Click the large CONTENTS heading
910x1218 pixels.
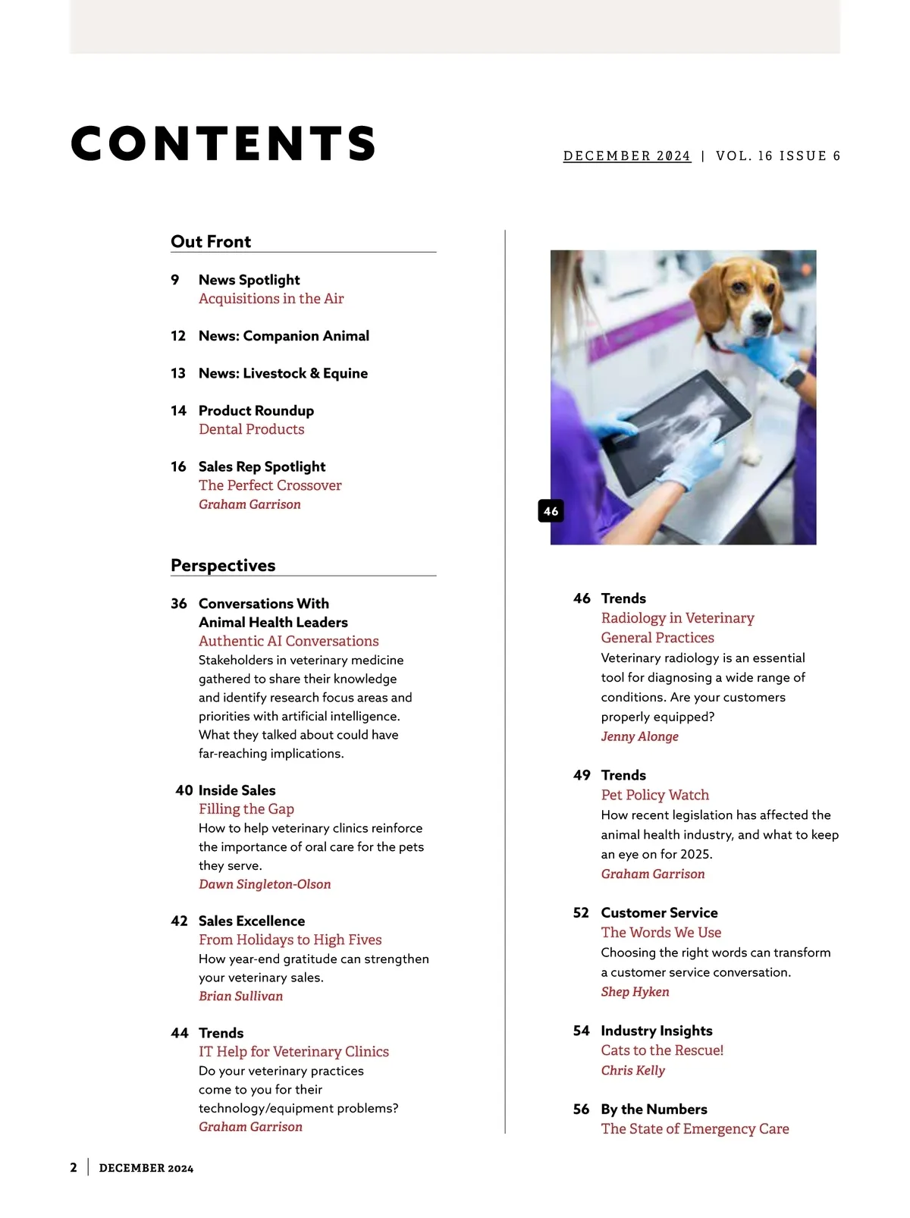click(x=224, y=143)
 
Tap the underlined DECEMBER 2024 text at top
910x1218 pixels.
click(x=626, y=155)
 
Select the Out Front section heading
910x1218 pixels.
click(x=211, y=241)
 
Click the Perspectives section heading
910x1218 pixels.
click(x=223, y=565)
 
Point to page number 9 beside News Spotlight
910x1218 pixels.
click(x=175, y=280)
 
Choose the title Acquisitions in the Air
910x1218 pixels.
click(x=271, y=299)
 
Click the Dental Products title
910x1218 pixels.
click(x=251, y=429)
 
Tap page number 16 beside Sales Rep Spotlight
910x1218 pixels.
click(x=178, y=466)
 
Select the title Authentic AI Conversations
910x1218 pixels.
click(x=288, y=641)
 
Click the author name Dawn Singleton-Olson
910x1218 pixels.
click(x=265, y=884)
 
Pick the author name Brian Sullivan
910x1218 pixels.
click(x=240, y=996)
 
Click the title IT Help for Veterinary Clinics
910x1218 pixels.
click(x=293, y=1052)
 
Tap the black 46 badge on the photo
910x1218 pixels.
click(x=551, y=511)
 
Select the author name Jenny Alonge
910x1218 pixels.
click(x=639, y=736)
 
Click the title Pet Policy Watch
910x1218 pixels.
click(x=654, y=795)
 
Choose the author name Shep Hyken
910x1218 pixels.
click(x=635, y=992)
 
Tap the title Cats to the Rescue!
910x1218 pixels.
click(x=662, y=1050)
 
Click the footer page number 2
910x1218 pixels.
click(x=74, y=1168)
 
